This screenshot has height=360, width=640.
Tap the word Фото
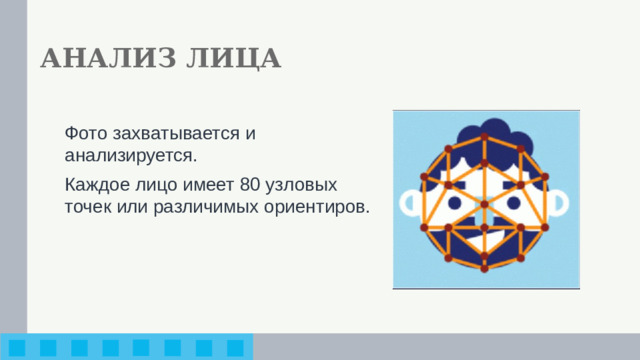click(x=83, y=133)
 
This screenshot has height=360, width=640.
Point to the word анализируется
click(x=130, y=156)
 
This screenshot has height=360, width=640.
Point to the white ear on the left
click(x=410, y=203)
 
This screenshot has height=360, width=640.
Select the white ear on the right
click(x=561, y=203)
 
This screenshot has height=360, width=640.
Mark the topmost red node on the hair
click(x=484, y=136)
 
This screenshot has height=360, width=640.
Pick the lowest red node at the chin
click(x=484, y=268)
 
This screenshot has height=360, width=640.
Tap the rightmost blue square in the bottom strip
click(x=235, y=347)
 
